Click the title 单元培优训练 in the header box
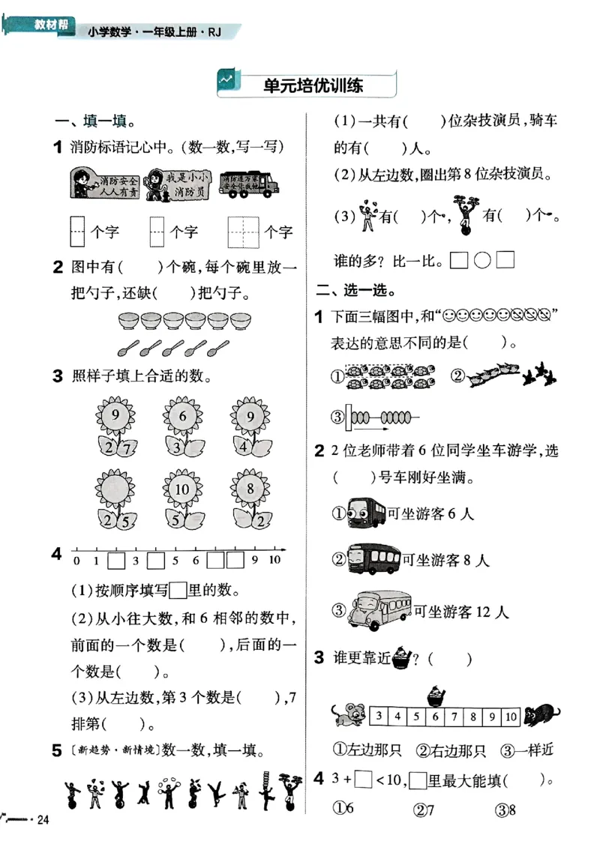[x=313, y=85]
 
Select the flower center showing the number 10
[x=182, y=490]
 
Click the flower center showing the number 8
[x=250, y=490]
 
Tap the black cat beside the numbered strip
[x=541, y=716]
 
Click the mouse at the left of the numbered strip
[x=349, y=714]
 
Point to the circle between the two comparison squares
[x=484, y=260]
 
